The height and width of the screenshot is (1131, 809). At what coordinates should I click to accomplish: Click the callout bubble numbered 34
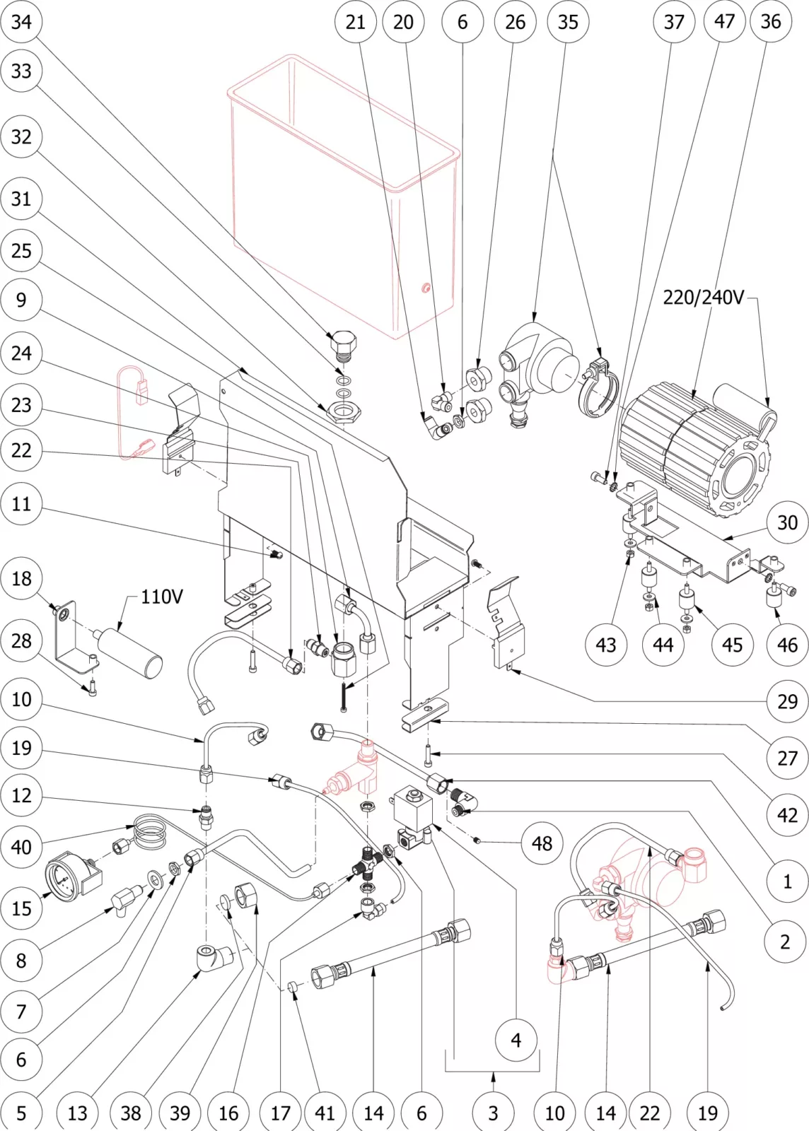[x=21, y=21]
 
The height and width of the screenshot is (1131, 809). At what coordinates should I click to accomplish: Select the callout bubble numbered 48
[x=542, y=843]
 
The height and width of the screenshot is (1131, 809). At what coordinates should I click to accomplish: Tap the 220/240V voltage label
[x=703, y=297]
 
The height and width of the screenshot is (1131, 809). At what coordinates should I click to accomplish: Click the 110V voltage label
[x=161, y=597]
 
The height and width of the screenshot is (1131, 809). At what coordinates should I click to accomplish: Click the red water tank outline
[x=343, y=198]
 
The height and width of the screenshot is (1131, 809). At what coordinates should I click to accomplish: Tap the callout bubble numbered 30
[x=787, y=522]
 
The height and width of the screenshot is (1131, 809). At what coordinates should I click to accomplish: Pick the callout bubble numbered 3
[x=493, y=1113]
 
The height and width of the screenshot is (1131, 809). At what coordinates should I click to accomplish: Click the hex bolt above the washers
[x=344, y=344]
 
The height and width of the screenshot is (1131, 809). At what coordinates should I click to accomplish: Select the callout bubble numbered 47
[x=724, y=21]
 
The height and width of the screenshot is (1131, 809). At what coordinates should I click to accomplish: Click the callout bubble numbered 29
[x=787, y=701]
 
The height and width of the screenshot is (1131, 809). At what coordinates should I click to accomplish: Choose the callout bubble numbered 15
[x=21, y=908]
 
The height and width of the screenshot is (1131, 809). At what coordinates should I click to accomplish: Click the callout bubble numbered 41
[x=325, y=1113]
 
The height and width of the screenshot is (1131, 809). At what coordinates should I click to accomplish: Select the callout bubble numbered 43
[x=606, y=645]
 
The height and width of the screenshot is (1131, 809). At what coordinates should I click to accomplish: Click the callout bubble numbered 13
[x=77, y=1113]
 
